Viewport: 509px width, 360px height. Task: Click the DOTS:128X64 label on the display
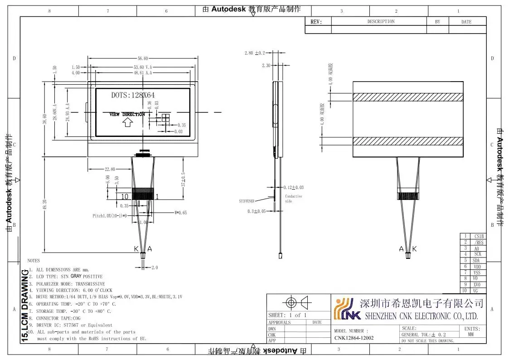133,95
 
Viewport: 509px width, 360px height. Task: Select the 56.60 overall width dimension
142,58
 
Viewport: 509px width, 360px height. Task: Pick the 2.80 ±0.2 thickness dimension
254,53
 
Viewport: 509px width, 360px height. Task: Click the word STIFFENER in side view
247,200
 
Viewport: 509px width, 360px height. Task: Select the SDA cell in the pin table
476,261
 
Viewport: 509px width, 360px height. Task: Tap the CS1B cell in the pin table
479,236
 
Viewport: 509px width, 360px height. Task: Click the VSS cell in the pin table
477,273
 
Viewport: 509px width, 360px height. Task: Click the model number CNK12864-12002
354,338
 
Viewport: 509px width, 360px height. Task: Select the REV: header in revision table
316,22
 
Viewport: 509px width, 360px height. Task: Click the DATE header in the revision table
466,22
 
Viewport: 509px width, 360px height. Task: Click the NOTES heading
34,261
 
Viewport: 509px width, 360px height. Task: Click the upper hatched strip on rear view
408,97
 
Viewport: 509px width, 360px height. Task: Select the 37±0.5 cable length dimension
183,179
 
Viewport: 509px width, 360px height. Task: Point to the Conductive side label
293,199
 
